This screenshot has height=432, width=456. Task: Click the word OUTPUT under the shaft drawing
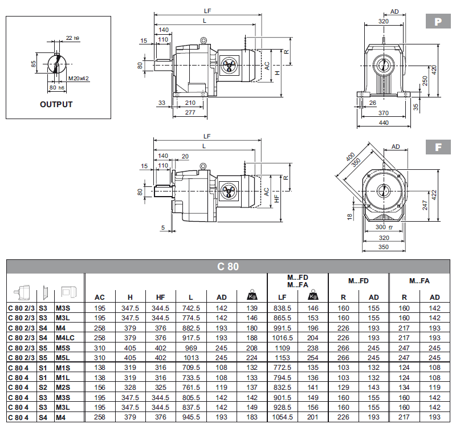point(56,104)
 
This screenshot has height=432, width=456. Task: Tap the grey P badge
point(437,22)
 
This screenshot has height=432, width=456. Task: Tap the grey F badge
point(437,147)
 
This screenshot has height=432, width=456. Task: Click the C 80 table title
point(227,266)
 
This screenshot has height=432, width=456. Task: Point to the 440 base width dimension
point(384,123)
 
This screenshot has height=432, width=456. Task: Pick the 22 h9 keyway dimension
point(72,38)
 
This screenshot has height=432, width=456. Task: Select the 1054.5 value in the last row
point(283,418)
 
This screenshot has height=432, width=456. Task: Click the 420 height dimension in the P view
point(434,70)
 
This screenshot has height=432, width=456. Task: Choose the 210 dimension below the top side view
point(190,103)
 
